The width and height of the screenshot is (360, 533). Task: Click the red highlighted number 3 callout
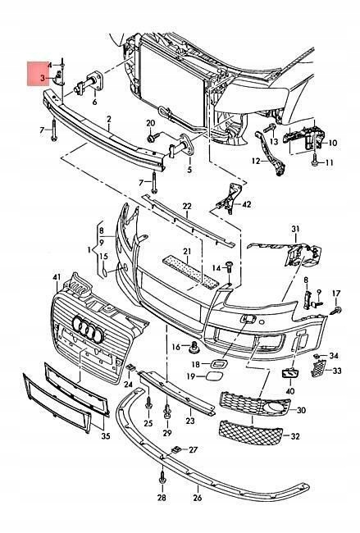(42, 77)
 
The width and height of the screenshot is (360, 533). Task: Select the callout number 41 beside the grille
(57, 278)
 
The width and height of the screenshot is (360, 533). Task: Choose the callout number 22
(186, 206)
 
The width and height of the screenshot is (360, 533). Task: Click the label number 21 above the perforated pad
(187, 251)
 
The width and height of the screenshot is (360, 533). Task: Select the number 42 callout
(247, 203)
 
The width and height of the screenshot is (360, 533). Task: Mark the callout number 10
(332, 143)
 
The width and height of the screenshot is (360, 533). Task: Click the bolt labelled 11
(315, 163)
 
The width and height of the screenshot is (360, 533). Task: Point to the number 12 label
(255, 162)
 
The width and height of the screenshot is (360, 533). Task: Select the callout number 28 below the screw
(162, 498)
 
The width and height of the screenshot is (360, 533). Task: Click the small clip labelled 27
(177, 449)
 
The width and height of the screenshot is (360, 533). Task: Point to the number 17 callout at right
(336, 294)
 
